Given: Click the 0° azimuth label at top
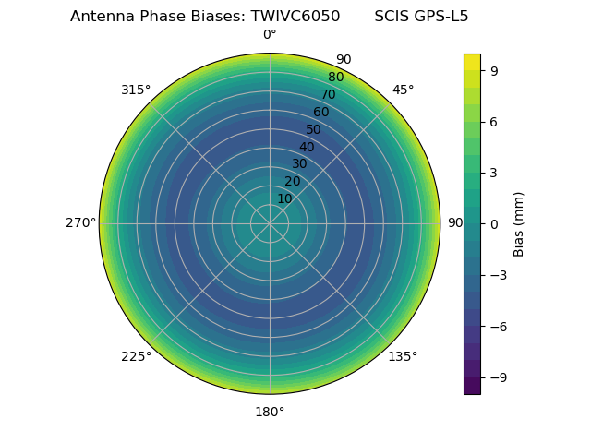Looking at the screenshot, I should tap(270, 35).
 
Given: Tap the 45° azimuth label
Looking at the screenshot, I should tap(403, 90).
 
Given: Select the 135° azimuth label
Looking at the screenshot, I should tap(403, 357).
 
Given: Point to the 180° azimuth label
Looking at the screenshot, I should tap(270, 412).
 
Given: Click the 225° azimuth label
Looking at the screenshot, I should tap(136, 357).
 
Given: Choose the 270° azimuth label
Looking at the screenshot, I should tap(81, 223).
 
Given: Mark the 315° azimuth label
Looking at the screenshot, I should tap(136, 90).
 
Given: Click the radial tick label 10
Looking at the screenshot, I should tap(284, 198).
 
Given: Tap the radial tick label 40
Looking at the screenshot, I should tap(307, 147).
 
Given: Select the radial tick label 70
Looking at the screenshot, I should tap(328, 94).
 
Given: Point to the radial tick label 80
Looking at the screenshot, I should tap(335, 77).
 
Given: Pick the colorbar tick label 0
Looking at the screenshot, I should tap(494, 223).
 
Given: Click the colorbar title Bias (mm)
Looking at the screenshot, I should tap(519, 223).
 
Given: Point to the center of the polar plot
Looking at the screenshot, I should tap(270, 223).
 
